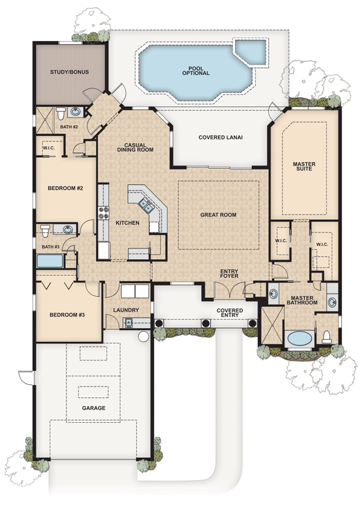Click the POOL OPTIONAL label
[194, 70]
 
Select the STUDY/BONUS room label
[69, 72]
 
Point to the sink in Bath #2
[76, 112]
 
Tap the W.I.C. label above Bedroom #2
[49, 148]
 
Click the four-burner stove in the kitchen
[103, 213]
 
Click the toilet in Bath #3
[46, 230]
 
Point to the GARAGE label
[94, 408]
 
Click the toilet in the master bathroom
[327, 336]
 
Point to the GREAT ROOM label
[218, 215]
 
